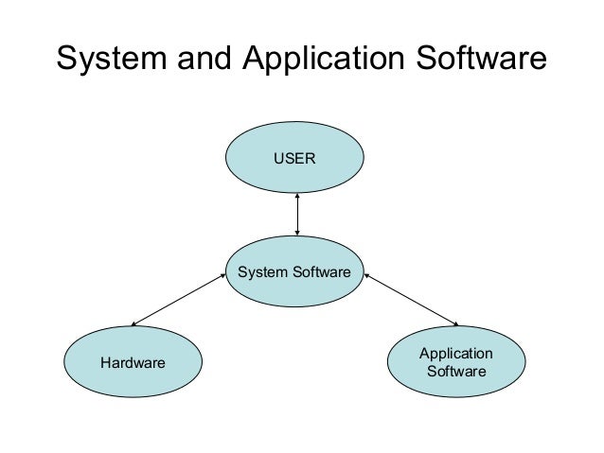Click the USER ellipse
click(296, 159)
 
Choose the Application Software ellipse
click(456, 361)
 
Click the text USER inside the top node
click(296, 159)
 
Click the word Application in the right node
click(456, 353)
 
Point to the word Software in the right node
click(456, 371)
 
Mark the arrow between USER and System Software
click(297, 214)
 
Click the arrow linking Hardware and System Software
click(180, 302)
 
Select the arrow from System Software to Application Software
click(411, 301)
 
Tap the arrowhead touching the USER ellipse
click(297, 197)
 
